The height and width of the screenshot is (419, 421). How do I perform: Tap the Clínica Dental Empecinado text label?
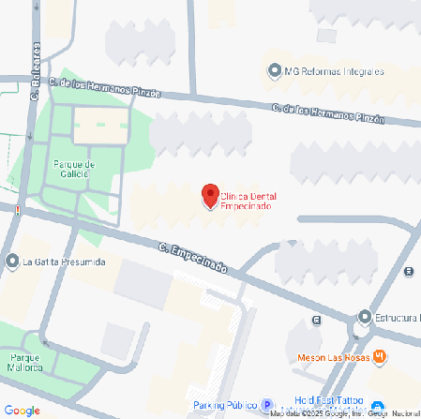(x=254, y=201)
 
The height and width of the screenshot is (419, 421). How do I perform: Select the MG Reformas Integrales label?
(x=335, y=71)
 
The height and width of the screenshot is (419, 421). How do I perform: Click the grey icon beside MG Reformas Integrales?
(x=274, y=71)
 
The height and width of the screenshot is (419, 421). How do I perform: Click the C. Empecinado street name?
(x=193, y=259)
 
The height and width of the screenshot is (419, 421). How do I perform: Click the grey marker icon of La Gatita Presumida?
(x=11, y=262)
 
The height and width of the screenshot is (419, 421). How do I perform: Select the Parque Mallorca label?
(x=26, y=362)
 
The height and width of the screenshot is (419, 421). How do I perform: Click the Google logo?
(x=22, y=410)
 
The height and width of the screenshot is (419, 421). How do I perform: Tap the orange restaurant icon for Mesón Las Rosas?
(x=379, y=356)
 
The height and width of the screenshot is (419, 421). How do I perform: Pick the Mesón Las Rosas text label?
(x=334, y=357)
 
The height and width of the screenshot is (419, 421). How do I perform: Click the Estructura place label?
(x=397, y=318)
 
